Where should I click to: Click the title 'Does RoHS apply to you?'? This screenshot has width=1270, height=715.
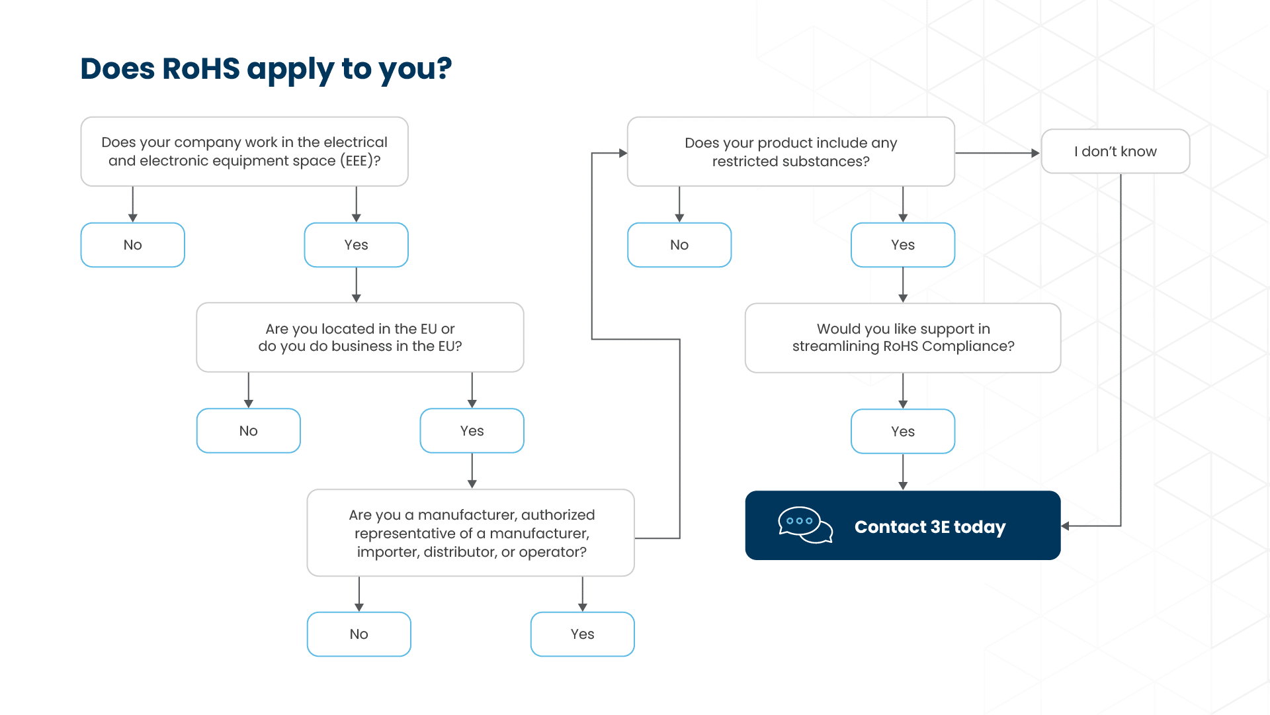point(266,69)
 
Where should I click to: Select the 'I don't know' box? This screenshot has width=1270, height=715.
point(1115,152)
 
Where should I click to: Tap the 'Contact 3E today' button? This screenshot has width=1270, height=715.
point(929,526)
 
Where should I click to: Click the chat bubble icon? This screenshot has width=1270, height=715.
point(804,525)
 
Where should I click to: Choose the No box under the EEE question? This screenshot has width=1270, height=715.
point(132,245)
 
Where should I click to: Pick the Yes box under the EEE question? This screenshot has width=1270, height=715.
point(356,245)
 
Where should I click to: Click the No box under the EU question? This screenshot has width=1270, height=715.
point(248,431)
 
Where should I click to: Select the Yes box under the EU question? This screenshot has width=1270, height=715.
point(472,431)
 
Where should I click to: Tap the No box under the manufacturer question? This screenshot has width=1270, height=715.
point(359,634)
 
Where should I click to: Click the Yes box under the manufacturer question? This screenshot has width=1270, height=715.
point(582,634)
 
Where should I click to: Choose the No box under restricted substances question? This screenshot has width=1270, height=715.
point(679,245)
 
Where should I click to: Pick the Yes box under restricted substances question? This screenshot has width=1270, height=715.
point(902,245)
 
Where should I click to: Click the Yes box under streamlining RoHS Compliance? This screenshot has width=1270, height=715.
point(902,432)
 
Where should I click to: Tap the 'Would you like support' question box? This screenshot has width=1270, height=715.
point(902,338)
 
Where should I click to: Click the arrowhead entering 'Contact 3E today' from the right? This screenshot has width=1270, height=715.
point(1066,526)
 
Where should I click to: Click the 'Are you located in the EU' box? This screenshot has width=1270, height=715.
point(360,338)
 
